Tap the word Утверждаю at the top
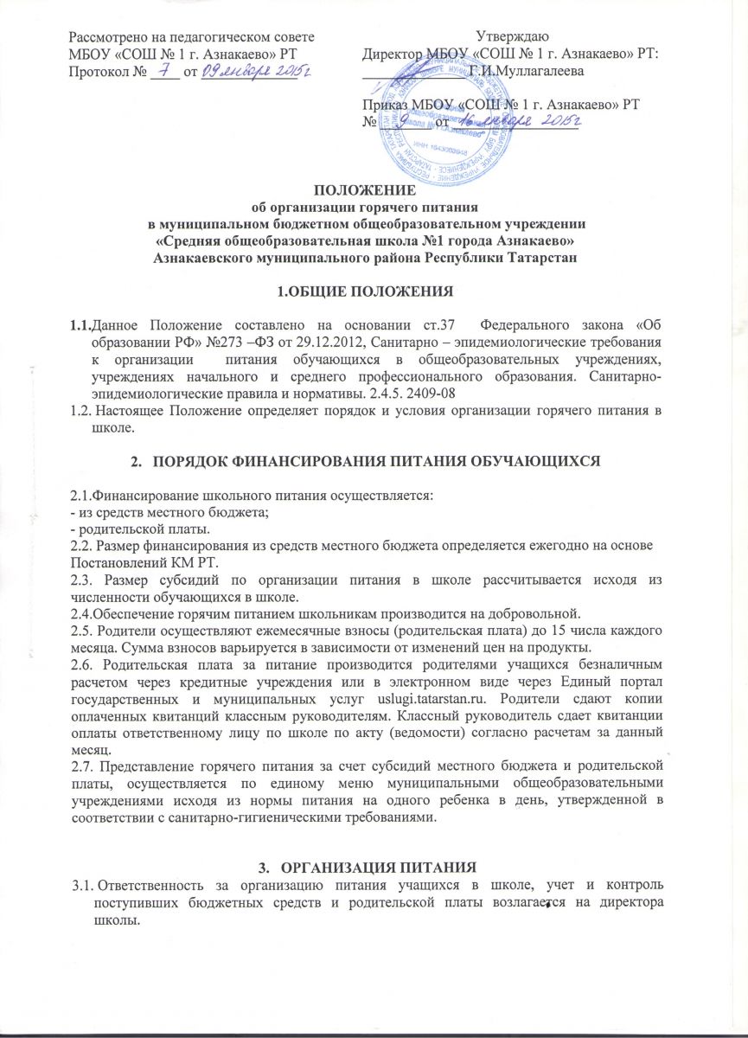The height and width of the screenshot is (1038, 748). coord(510,35)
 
